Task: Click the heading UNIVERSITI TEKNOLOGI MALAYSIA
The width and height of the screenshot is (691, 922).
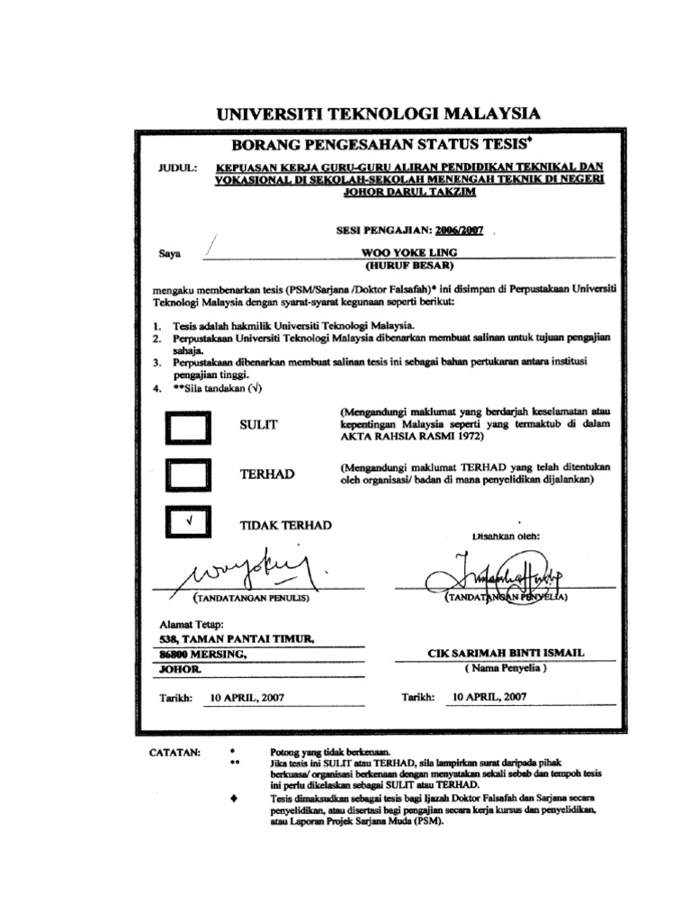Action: click(x=379, y=113)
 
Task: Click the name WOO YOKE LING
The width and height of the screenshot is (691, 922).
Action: click(x=408, y=253)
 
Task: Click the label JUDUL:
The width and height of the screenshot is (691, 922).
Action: click(x=177, y=167)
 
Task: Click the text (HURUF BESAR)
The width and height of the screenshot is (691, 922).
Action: click(x=408, y=267)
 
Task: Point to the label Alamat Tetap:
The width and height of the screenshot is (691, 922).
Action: click(x=190, y=622)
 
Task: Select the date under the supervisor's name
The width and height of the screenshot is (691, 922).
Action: click(x=490, y=696)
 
